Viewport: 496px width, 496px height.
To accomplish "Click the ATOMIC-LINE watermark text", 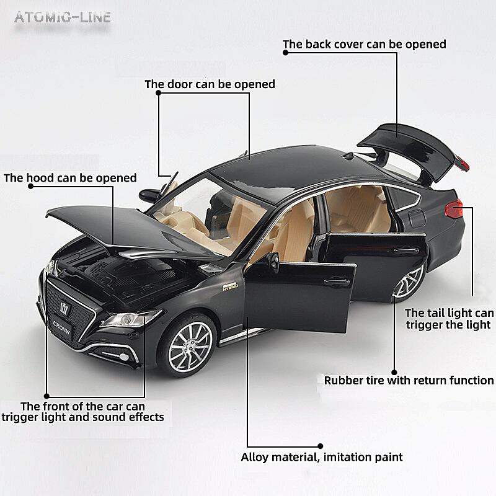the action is click(62, 17).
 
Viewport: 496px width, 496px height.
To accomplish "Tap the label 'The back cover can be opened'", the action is click(365, 44).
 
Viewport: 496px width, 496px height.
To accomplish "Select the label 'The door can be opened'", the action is click(210, 84).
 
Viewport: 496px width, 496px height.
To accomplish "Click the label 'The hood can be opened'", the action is click(70, 178).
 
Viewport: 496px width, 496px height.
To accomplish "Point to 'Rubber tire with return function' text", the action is click(409, 380).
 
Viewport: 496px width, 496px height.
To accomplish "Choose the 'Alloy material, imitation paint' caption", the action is click(322, 457).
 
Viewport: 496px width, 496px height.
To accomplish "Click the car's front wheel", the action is click(190, 342).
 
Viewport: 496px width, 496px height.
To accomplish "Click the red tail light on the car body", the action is click(454, 208).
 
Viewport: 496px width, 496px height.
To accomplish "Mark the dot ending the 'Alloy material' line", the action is click(321, 445).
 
